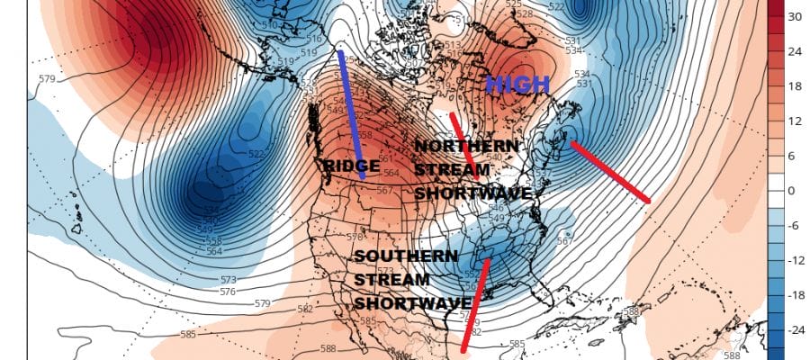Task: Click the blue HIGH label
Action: (x=517, y=85)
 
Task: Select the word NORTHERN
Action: (x=466, y=146)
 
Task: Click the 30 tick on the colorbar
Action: (x=794, y=17)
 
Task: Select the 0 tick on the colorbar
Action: (x=790, y=191)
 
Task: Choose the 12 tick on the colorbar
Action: (x=794, y=121)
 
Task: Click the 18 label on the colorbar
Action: (x=794, y=86)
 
